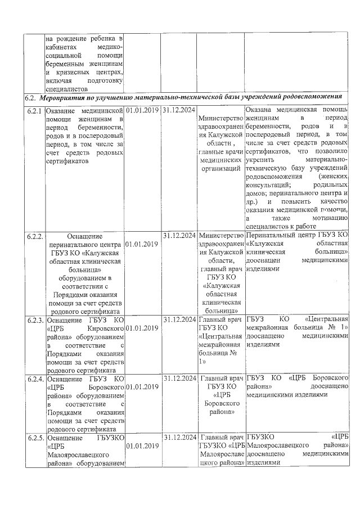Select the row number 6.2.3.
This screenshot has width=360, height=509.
[x=35, y=320]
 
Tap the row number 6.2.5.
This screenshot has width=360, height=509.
[x=35, y=437]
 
